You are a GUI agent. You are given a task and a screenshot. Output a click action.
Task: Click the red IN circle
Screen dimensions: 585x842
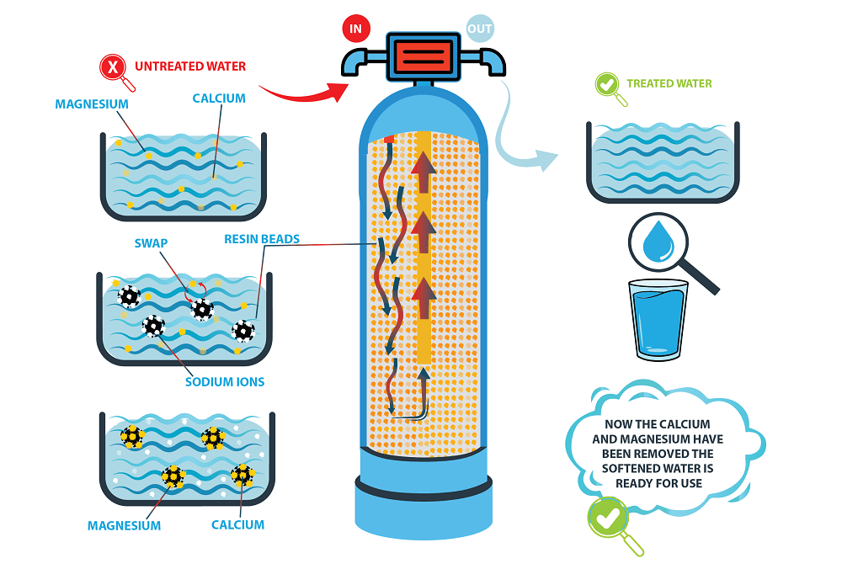(355, 29)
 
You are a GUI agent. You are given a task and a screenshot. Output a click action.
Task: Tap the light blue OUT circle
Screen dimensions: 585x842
(479, 29)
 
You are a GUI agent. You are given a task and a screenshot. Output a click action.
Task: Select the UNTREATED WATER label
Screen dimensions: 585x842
(190, 66)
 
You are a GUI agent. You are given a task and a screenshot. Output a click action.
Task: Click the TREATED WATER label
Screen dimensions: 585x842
(669, 83)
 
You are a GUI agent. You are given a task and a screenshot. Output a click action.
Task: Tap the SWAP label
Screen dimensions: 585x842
(151, 243)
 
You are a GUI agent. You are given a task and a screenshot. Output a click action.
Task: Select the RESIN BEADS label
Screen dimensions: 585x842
(262, 239)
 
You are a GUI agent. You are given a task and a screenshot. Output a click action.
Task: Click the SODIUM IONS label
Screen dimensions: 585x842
(225, 381)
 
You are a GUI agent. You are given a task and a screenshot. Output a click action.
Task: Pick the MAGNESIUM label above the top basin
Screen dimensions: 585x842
(92, 104)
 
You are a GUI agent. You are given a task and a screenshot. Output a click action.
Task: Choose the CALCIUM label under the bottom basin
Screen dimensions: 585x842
(237, 524)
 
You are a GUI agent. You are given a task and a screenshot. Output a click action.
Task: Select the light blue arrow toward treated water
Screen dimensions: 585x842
(519, 135)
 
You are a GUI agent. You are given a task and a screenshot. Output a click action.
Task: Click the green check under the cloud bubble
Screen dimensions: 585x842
(609, 517)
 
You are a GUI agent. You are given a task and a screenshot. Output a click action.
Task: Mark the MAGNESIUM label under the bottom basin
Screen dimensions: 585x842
(124, 525)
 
